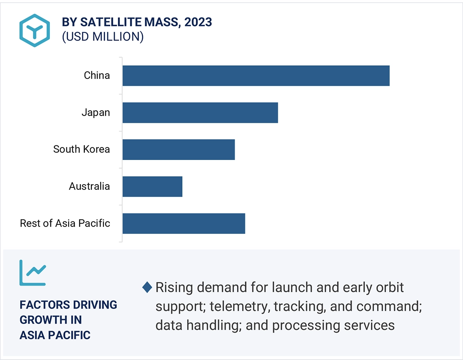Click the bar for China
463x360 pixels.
click(x=256, y=76)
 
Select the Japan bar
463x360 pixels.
click(x=200, y=112)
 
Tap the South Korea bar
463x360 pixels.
click(x=178, y=149)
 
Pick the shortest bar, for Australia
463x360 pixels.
click(x=152, y=187)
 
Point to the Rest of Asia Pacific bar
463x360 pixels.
click(x=184, y=223)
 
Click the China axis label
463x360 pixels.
click(x=97, y=75)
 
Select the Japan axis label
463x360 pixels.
click(x=96, y=112)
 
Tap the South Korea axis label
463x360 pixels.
click(x=82, y=149)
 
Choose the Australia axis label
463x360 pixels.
click(x=89, y=186)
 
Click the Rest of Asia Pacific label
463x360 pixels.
click(x=65, y=223)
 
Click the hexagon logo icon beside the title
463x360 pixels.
click(x=34, y=30)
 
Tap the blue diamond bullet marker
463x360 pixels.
click(x=147, y=288)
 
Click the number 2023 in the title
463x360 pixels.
click(x=197, y=22)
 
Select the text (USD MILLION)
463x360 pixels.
click(x=102, y=37)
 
